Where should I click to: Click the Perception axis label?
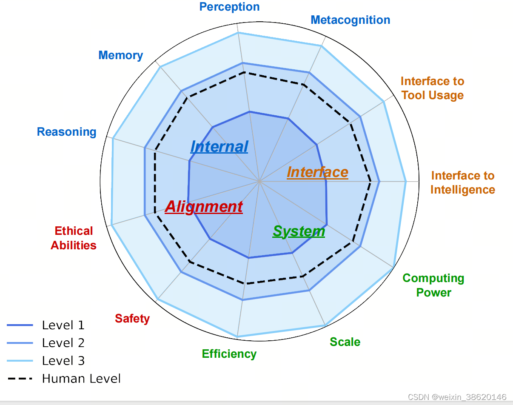point(229,7)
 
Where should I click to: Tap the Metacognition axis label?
point(350,20)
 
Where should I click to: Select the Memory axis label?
point(120,55)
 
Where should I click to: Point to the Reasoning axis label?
point(66,132)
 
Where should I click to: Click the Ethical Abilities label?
point(74,238)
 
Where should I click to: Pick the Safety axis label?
point(132,319)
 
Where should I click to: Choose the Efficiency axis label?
point(229,354)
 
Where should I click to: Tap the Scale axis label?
point(345,342)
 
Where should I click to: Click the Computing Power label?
point(433,285)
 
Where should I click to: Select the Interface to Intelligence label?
point(463,183)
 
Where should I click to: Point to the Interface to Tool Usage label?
point(433,88)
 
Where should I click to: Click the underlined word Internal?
point(219,147)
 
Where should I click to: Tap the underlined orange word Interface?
point(317,172)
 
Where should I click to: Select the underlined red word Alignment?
point(204,207)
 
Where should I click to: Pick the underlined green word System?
point(299,231)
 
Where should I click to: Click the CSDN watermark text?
point(457,397)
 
